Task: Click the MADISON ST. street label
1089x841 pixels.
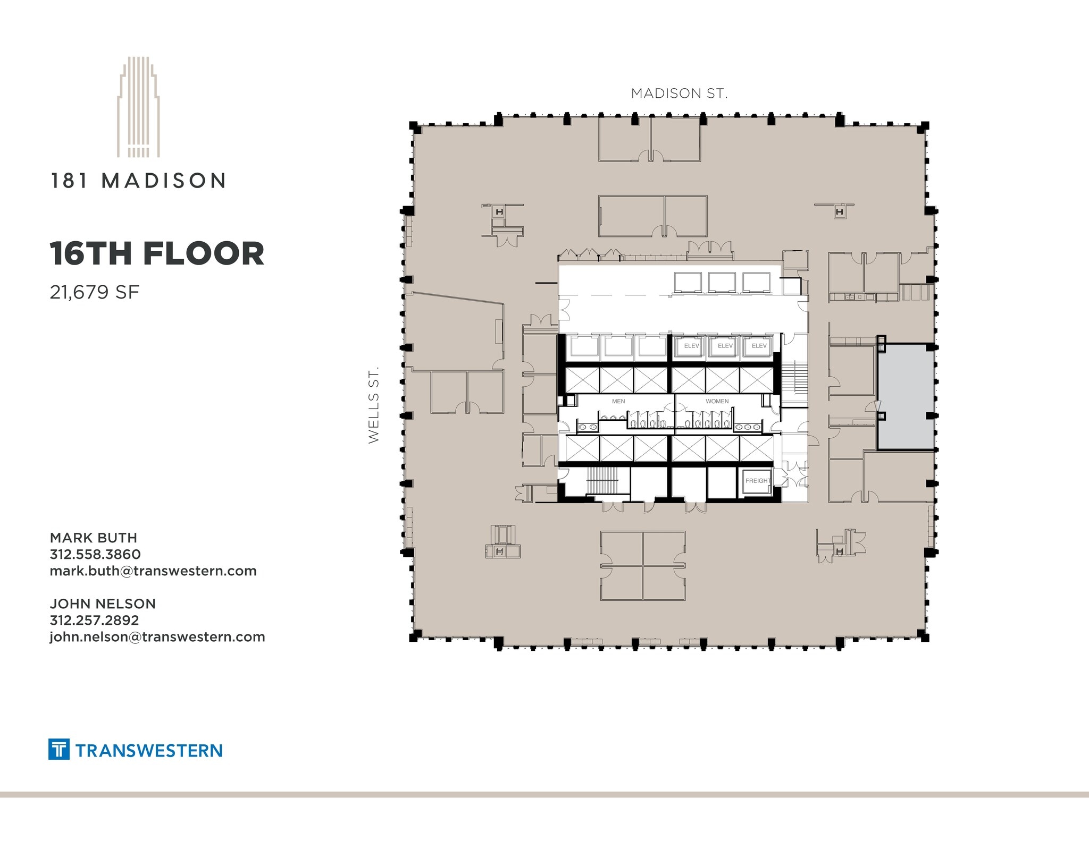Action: click(x=679, y=94)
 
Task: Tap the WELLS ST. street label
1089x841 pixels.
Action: click(x=374, y=404)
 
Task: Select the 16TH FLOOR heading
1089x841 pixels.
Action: click(x=157, y=253)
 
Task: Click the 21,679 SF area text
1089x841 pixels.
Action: click(x=95, y=292)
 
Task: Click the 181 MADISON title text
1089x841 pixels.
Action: click(x=138, y=181)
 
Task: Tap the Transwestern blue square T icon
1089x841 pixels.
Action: click(x=58, y=749)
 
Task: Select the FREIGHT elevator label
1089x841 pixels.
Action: click(x=757, y=481)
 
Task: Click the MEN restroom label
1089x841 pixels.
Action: click(x=618, y=401)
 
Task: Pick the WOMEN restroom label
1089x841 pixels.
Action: click(x=717, y=401)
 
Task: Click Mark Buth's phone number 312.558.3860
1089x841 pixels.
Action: click(x=95, y=554)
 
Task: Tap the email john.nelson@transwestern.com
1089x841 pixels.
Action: click(x=157, y=636)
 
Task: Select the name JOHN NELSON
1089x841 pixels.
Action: click(x=103, y=604)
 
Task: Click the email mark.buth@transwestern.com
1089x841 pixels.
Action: click(x=153, y=571)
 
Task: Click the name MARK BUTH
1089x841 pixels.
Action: click(x=94, y=538)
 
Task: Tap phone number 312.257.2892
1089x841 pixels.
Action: click(x=94, y=620)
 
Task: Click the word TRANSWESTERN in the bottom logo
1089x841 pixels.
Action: click(x=149, y=750)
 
